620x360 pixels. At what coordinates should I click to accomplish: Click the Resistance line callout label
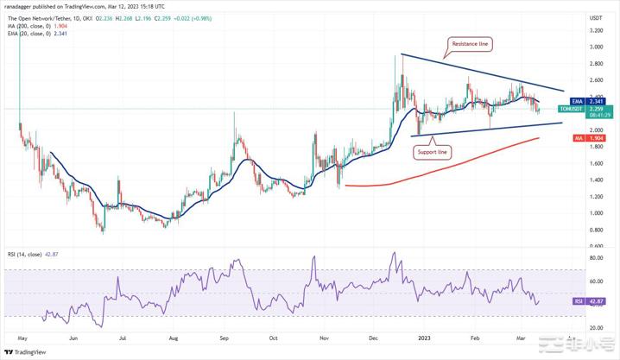471,42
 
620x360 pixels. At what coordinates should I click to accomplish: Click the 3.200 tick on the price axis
596,29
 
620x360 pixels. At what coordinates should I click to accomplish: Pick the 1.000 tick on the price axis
596,212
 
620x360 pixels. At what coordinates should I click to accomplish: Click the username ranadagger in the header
22,5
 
